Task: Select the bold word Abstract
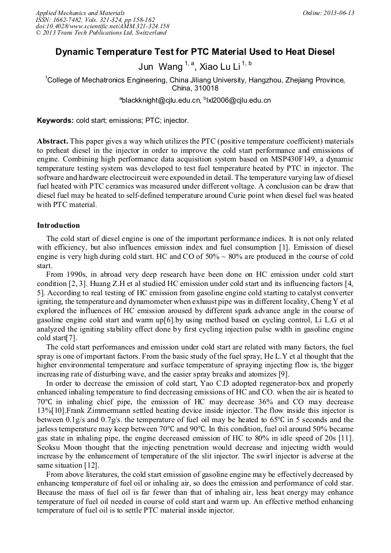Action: [x=53, y=141]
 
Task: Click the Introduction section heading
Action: [x=58, y=225]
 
